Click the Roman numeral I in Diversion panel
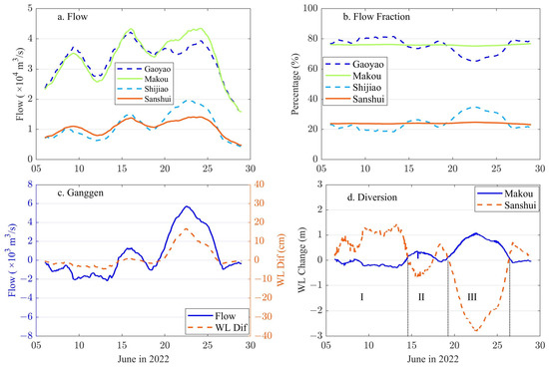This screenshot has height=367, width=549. (x=360, y=297)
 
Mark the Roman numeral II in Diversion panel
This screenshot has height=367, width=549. (x=421, y=297)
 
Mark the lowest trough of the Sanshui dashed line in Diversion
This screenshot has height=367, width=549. (x=476, y=330)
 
